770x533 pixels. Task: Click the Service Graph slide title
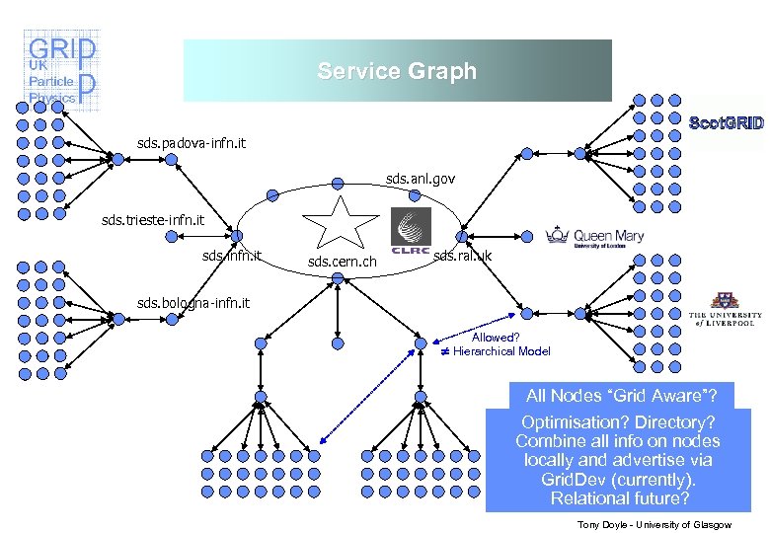(x=397, y=71)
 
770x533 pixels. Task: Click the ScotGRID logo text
(x=726, y=123)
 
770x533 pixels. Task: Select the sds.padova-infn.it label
(x=192, y=144)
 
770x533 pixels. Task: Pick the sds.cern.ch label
(x=343, y=263)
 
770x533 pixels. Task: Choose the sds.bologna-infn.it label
(x=193, y=302)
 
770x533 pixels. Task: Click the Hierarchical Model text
(x=501, y=351)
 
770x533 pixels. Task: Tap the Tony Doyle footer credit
(x=654, y=524)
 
